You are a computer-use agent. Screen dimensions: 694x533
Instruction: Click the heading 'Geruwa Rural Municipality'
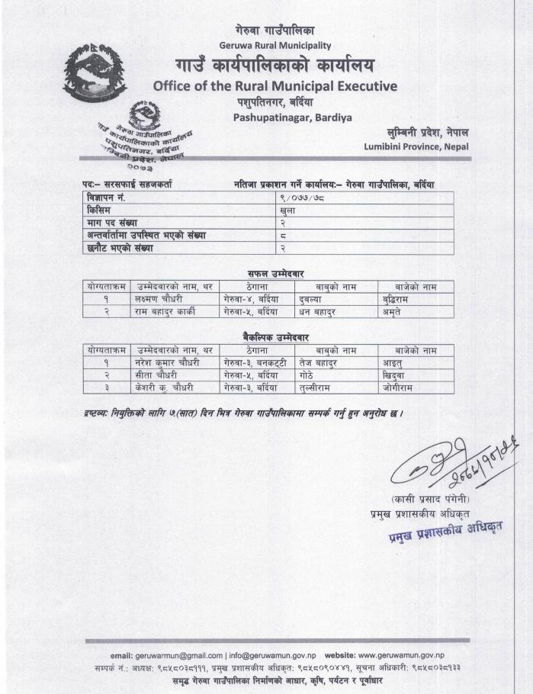[x=266, y=43]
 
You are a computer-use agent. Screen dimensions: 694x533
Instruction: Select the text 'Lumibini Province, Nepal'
[x=416, y=146]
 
